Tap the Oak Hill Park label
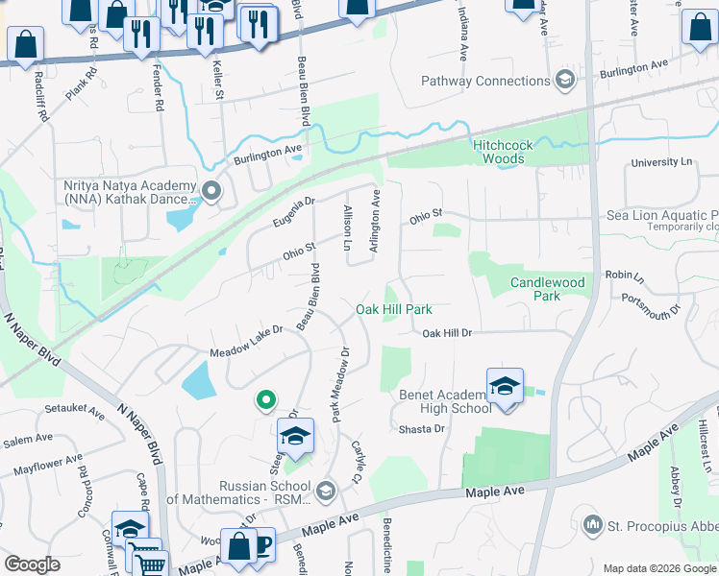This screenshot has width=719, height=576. click(393, 309)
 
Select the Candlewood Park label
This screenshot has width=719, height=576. click(547, 289)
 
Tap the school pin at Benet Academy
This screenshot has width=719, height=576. click(505, 386)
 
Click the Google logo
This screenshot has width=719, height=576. click(33, 564)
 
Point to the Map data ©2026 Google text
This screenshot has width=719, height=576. click(658, 568)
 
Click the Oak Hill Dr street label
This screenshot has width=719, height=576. click(448, 333)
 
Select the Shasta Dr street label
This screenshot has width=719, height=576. click(422, 429)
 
